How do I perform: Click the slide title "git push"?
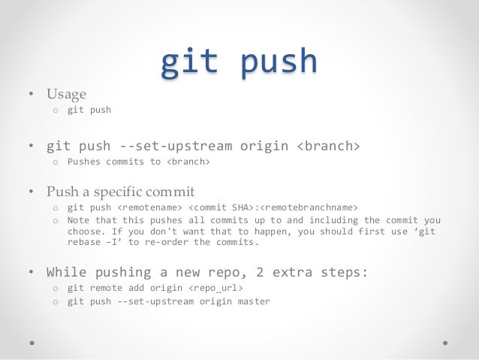(239, 62)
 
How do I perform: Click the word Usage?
(66, 94)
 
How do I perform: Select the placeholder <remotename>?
(149, 207)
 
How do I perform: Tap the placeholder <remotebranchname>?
(309, 207)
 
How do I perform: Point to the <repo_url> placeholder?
(215, 288)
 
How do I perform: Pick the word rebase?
(83, 243)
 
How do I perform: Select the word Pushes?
(86, 162)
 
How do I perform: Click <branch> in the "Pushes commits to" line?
(188, 162)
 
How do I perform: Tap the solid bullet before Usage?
(32, 95)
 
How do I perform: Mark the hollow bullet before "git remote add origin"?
(55, 289)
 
